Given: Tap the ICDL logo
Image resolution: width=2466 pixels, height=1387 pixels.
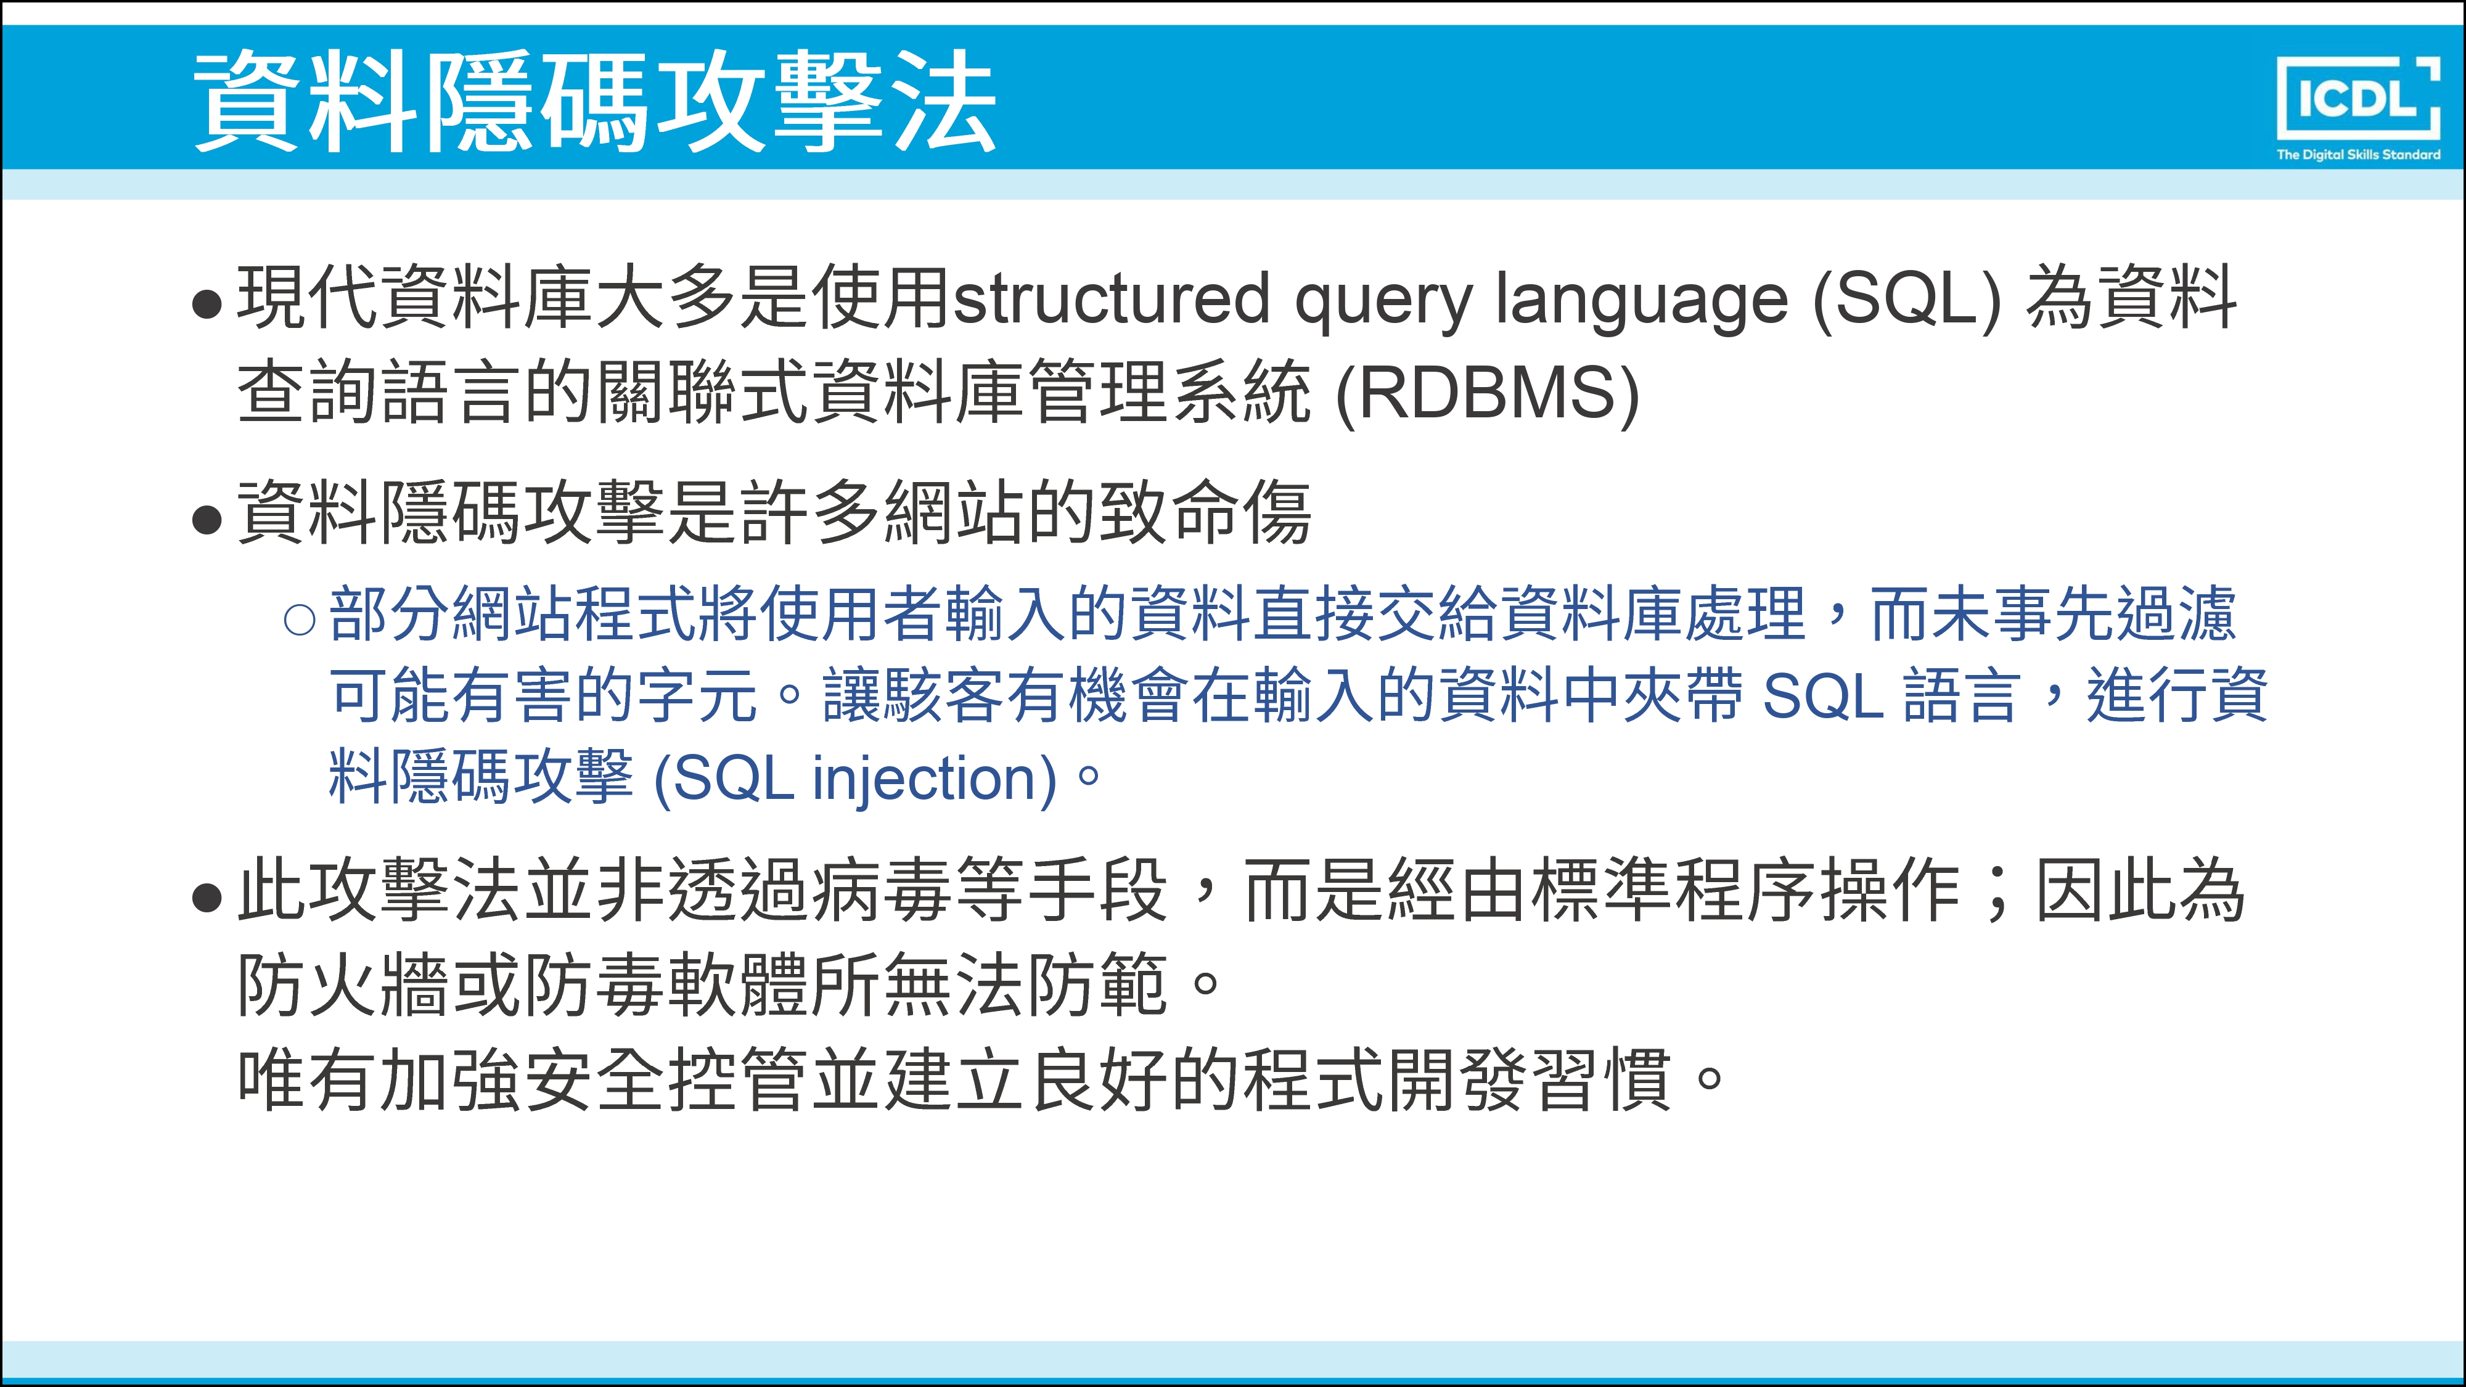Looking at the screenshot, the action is [2358, 97].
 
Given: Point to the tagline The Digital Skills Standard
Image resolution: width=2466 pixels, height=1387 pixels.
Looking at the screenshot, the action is [2358, 154].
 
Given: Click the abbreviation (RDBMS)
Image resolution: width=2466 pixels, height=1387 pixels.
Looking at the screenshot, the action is [1486, 393].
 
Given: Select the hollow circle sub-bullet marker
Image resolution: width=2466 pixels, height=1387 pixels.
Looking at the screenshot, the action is [300, 620].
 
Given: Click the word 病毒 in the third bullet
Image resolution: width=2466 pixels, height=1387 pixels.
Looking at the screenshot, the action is [882, 890].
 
